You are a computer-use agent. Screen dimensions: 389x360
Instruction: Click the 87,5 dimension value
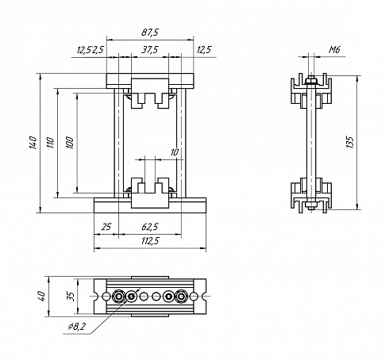tap(150, 33)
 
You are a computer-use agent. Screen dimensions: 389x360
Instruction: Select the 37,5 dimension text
tap(150, 49)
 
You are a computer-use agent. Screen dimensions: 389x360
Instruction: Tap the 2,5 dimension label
tap(98, 49)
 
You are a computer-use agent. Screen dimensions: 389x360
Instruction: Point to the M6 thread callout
tap(334, 49)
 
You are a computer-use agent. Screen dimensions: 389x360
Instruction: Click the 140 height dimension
tap(33, 143)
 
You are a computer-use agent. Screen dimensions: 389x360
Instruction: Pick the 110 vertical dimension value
tap(50, 143)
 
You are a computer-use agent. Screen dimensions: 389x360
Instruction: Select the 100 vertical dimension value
tap(70, 143)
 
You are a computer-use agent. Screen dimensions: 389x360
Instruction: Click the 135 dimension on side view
tap(350, 142)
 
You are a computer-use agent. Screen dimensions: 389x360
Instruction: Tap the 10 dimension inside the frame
tap(175, 152)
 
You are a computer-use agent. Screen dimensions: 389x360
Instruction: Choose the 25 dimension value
tap(106, 227)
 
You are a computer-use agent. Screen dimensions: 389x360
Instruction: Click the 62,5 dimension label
tap(150, 227)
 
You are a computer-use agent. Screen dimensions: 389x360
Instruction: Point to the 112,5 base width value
tap(150, 241)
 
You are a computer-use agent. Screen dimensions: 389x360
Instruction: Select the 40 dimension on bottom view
tap(42, 296)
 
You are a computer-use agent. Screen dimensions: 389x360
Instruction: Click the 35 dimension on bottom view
tap(71, 297)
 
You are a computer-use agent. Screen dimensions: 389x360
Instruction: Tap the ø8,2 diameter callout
tap(77, 327)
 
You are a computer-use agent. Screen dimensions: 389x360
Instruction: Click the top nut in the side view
tap(311, 80)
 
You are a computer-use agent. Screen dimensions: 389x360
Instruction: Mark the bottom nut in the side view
tap(311, 205)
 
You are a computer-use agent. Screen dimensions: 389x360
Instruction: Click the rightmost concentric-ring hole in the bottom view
tap(181, 297)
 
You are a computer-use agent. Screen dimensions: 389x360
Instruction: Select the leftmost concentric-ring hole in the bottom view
tap(118, 297)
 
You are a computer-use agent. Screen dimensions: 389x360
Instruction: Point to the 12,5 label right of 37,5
tap(204, 49)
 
